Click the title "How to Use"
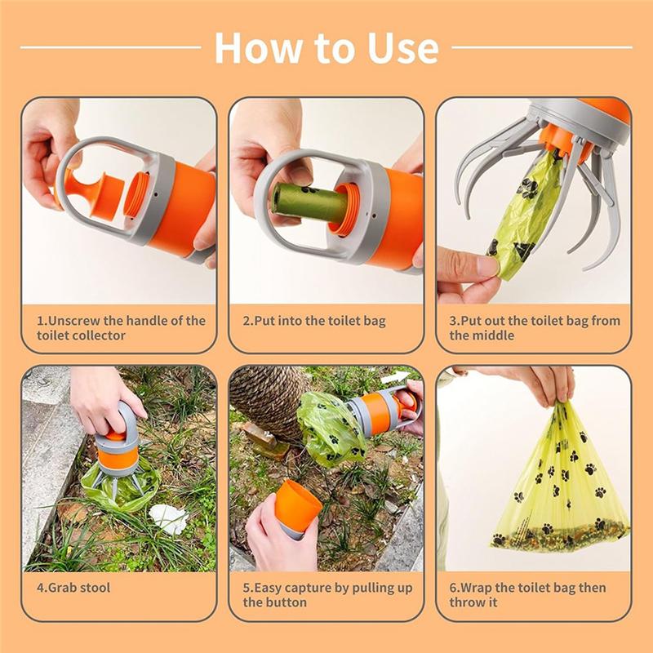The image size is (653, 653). pyautogui.click(x=326, y=48)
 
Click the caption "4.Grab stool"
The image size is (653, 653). pyautogui.click(x=73, y=588)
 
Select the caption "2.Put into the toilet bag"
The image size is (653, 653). pyautogui.click(x=314, y=321)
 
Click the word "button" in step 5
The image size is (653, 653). pyautogui.click(x=287, y=602)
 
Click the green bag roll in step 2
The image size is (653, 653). pyautogui.click(x=309, y=202)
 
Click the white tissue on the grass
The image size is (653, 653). pyautogui.click(x=169, y=518)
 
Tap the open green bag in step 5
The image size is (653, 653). pyautogui.click(x=329, y=429)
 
